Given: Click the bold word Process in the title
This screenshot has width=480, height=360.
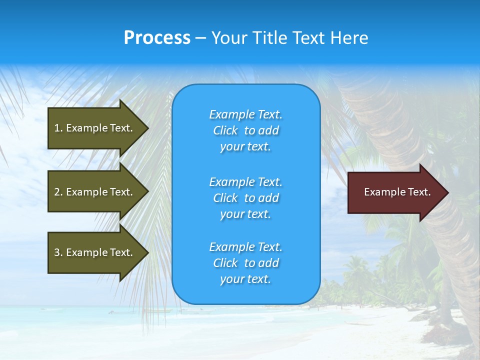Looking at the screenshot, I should coord(157,38).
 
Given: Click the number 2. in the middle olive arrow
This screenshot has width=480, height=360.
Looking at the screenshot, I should coord(58,192).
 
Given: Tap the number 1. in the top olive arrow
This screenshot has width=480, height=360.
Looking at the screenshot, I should coord(58,128).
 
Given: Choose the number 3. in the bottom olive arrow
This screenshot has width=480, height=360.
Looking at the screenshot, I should coord(58,252).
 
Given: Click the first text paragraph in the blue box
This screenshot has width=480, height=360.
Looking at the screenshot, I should coord(245,130).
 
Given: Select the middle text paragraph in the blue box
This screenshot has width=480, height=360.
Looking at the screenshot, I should coord(245,198).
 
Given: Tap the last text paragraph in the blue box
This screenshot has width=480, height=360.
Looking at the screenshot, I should coord(245,263).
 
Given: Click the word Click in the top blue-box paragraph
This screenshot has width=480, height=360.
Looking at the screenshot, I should coord(225,130).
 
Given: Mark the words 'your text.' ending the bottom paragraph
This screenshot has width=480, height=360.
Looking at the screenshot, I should coord(245,279).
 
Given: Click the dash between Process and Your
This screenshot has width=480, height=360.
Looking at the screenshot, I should coord(200,38).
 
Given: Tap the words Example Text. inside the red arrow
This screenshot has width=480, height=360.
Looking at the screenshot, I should coord(397,192).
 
